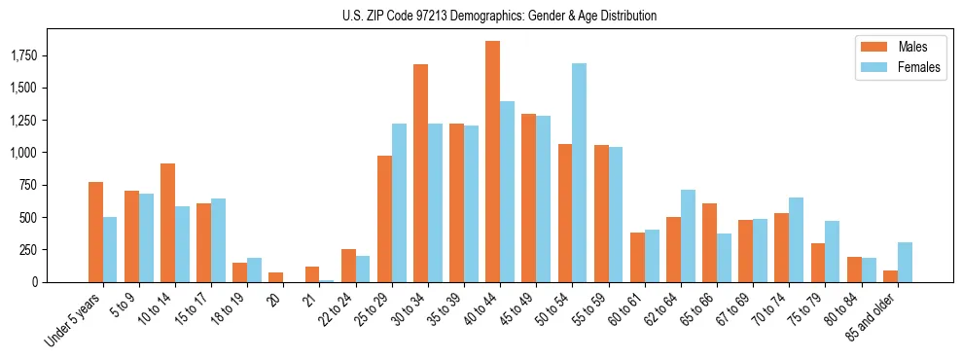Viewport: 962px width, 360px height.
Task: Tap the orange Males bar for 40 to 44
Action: pyautogui.click(x=493, y=162)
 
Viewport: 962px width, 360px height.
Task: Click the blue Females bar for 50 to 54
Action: pyautogui.click(x=580, y=173)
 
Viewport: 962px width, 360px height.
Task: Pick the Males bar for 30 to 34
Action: pyautogui.click(x=421, y=173)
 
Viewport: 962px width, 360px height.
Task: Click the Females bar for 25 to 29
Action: pyautogui.click(x=399, y=202)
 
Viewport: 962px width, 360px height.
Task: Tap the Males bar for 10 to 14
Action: pyautogui.click(x=167, y=223)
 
